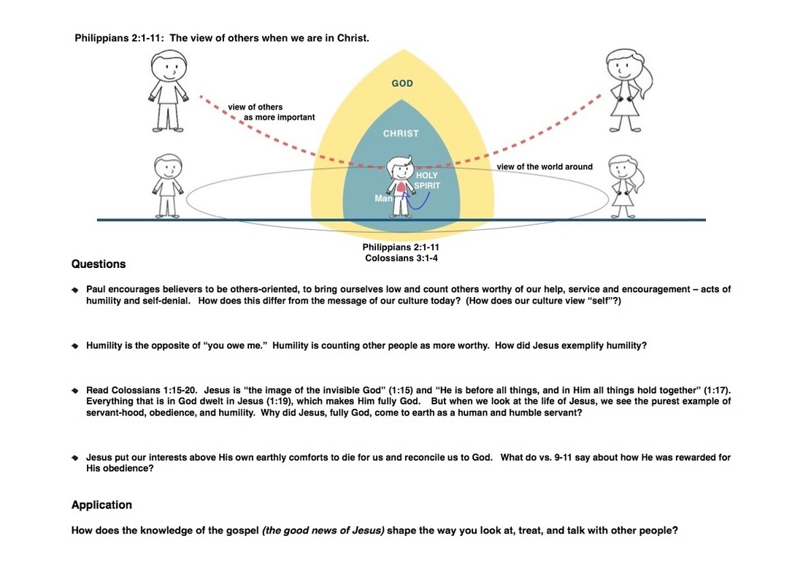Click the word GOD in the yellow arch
(402, 84)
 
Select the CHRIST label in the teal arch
(401, 134)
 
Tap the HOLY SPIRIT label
(427, 181)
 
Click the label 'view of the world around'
(545, 167)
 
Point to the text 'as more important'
(285, 118)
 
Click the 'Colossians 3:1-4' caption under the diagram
(401, 258)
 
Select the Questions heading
(99, 264)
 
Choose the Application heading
(101, 505)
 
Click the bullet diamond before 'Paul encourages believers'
(75, 291)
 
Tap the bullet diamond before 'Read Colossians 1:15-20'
(75, 391)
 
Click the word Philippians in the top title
(102, 37)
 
